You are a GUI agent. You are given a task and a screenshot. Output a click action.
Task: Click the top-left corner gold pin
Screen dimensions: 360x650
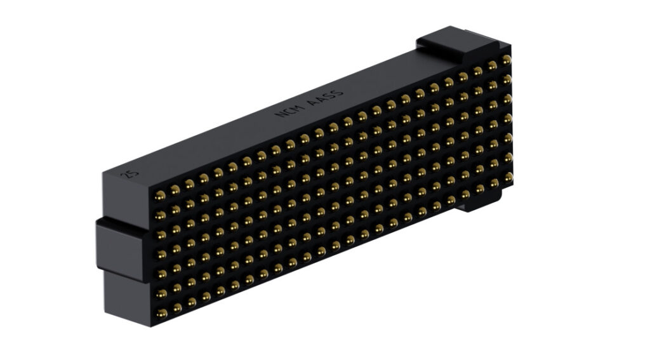160,195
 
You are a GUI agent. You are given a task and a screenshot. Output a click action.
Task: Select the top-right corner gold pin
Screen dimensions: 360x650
506,59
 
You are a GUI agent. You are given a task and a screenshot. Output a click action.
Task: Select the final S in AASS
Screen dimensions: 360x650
338,91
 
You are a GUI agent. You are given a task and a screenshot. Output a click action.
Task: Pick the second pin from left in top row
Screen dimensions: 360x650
175,189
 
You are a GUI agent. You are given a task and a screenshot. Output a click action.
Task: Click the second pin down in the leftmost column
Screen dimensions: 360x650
160,211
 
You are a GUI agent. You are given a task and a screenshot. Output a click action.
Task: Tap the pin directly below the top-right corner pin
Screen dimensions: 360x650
507,79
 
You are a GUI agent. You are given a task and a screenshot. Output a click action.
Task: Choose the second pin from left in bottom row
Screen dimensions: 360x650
176,307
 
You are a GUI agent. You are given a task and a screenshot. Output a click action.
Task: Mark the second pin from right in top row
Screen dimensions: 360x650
491,65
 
